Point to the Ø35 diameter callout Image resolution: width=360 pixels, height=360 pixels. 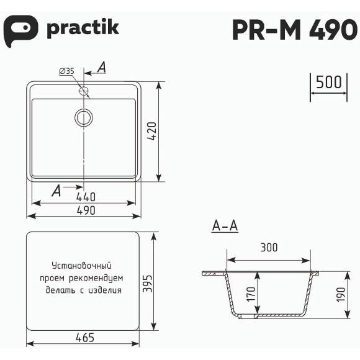tap(66, 71)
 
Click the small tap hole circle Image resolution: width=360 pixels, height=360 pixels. tap(83, 91)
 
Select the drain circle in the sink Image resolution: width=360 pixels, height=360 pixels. tap(83, 117)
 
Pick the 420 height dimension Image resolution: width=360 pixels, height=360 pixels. tap(154, 132)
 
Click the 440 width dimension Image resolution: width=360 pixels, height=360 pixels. tap(86, 197)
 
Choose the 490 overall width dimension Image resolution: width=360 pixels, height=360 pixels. tap(86, 210)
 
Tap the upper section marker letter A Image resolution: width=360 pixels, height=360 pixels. tap(102, 66)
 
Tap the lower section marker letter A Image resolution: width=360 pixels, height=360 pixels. tap(56, 191)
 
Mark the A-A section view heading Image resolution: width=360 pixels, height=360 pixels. tap(225, 227)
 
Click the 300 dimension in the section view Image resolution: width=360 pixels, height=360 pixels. tap(269, 248)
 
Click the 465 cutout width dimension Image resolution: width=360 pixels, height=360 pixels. tap(84, 338)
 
